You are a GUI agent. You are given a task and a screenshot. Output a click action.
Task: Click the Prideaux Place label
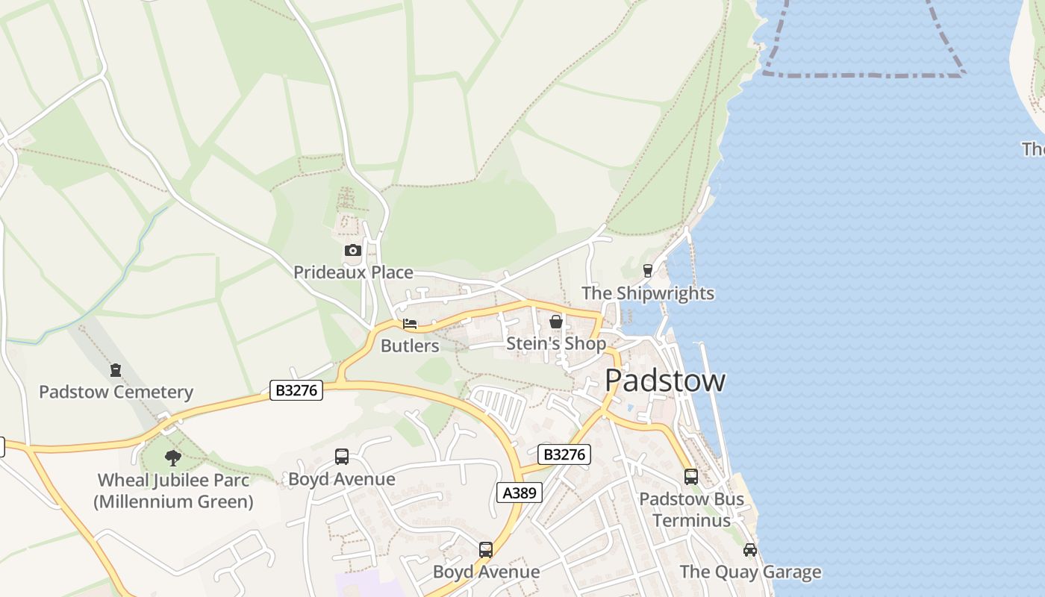[353, 272]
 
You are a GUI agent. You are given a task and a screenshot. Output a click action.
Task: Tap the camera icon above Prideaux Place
[353, 251]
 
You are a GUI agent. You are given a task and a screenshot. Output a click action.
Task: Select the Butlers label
[410, 346]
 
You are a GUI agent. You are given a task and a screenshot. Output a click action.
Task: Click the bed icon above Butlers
[410, 324]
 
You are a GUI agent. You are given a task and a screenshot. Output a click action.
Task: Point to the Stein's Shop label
[556, 343]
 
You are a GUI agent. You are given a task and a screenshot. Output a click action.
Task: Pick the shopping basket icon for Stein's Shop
[556, 322]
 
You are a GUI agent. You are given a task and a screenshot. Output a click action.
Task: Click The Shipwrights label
[648, 293]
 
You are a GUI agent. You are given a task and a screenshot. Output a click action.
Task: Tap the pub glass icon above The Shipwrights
[648, 271]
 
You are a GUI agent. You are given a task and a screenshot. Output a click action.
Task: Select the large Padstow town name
[664, 381]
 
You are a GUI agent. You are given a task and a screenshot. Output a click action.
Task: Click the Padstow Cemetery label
[116, 392]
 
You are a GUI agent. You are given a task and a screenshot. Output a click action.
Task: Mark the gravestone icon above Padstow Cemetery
[116, 369]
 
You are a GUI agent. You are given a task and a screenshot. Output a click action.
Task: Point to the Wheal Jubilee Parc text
[173, 480]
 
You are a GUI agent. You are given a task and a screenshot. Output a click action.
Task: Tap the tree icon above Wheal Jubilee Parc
[173, 457]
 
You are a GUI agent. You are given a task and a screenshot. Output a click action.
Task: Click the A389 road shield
[520, 493]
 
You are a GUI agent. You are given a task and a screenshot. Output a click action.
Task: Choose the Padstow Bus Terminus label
[692, 509]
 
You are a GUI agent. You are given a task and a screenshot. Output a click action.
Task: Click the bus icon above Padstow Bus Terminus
[691, 476]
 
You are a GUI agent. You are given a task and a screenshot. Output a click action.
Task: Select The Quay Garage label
[750, 572]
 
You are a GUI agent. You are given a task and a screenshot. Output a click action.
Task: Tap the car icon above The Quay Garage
[750, 550]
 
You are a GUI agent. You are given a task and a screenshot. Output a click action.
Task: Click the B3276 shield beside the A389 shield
[564, 454]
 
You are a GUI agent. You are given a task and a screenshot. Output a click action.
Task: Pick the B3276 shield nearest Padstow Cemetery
[296, 390]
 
